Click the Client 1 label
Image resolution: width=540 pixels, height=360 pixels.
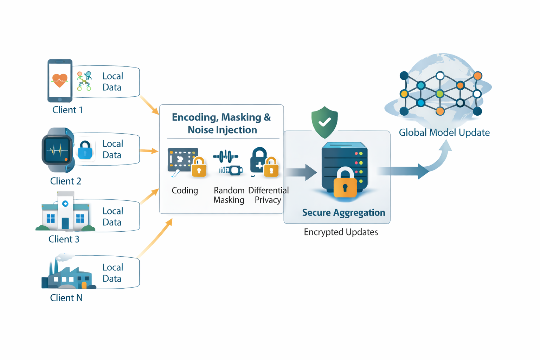tap(67, 110)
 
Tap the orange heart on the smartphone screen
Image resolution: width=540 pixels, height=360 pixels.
tap(59, 80)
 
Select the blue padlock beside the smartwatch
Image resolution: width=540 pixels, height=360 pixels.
tap(85, 150)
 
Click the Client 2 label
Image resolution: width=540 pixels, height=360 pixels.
tap(66, 181)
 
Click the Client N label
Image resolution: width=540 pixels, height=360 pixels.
tap(66, 298)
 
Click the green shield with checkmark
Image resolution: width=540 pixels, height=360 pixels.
tap(324, 122)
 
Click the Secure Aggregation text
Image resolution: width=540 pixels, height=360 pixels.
tap(343, 213)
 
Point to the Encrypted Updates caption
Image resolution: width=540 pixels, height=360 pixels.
tap(341, 232)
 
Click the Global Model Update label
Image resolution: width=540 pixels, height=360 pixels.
tap(444, 133)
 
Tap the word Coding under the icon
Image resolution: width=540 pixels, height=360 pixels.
tap(185, 191)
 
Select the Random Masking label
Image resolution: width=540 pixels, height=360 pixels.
tap(229, 195)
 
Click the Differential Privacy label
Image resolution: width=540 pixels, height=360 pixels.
tap(268, 195)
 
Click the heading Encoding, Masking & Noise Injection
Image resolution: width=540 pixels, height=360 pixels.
tap(221, 123)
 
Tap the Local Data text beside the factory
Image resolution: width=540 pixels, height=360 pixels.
tap(112, 273)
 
